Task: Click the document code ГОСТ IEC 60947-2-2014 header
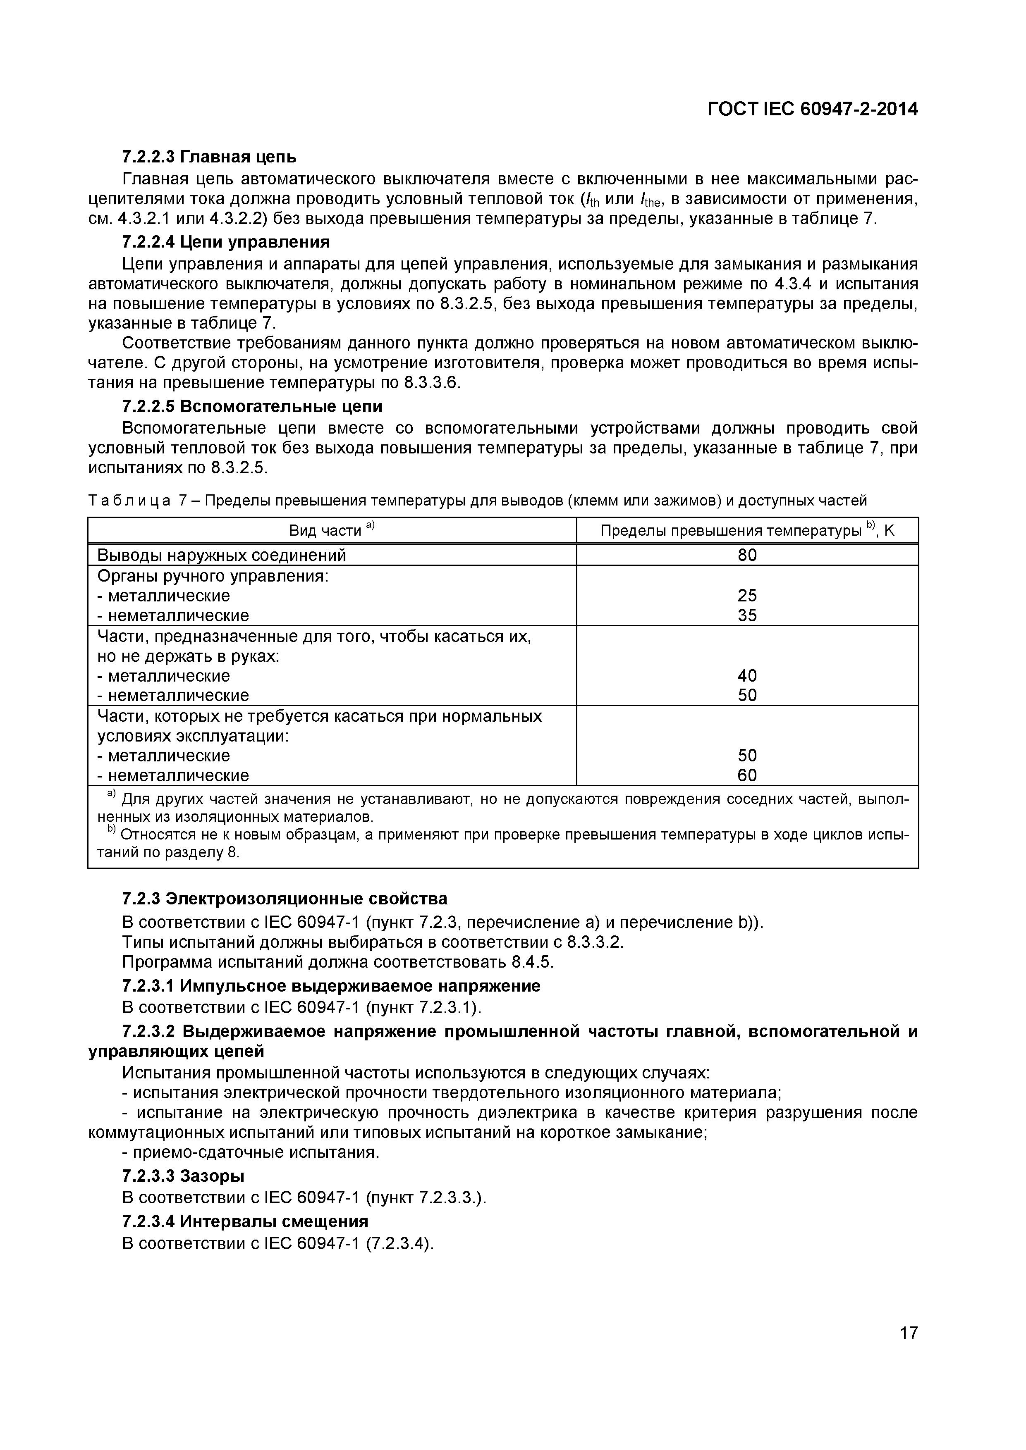point(813,109)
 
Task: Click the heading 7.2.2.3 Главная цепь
point(209,156)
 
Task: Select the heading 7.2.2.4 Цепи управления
point(225,242)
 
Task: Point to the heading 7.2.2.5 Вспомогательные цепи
point(252,405)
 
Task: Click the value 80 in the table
point(747,555)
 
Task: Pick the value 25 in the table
point(747,596)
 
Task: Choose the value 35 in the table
point(747,615)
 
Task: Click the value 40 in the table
point(747,676)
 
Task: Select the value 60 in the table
point(747,775)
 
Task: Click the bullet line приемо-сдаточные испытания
point(251,1152)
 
